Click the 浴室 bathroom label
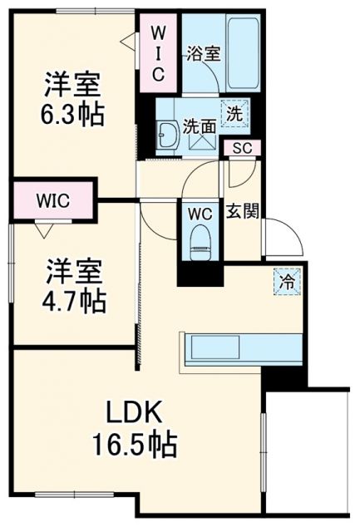click(x=203, y=55)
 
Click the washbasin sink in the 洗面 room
click(x=166, y=133)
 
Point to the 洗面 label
click(x=200, y=128)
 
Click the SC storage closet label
click(x=242, y=149)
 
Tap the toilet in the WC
click(x=200, y=241)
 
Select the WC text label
click(x=200, y=213)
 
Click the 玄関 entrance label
click(x=242, y=209)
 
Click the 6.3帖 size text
click(x=74, y=114)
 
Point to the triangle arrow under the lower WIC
click(x=42, y=224)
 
